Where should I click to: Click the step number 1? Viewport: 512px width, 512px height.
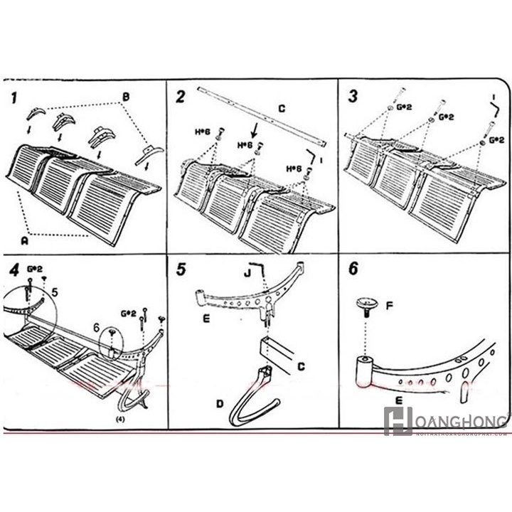pos(15,97)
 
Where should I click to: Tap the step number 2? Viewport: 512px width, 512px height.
pos(181,96)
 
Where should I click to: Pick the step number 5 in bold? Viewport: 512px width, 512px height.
pos(181,270)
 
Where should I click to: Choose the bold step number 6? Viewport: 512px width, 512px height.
pos(354,270)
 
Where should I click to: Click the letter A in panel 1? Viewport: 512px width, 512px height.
pos(25,241)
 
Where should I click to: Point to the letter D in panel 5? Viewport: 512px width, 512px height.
pos(220,404)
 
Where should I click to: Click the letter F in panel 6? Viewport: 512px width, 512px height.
pos(390,308)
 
